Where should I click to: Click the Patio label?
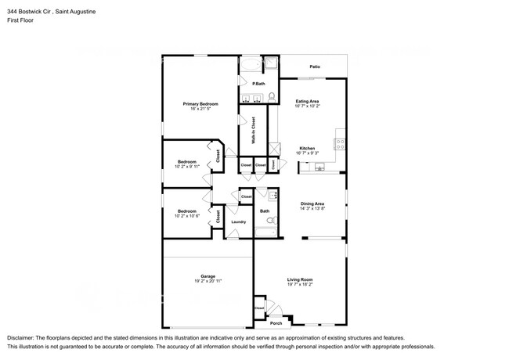point(315,67)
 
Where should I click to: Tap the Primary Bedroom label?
point(200,104)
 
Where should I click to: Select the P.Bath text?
point(258,84)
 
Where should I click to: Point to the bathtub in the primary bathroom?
point(252,63)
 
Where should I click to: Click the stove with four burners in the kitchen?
point(341,144)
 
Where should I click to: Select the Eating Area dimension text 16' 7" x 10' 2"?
point(307,106)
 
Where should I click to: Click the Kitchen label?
point(307,149)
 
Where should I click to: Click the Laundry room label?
point(238,221)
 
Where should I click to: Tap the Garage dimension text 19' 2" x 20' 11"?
point(208,280)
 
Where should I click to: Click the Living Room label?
point(300,279)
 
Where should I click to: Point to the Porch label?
point(276,323)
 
